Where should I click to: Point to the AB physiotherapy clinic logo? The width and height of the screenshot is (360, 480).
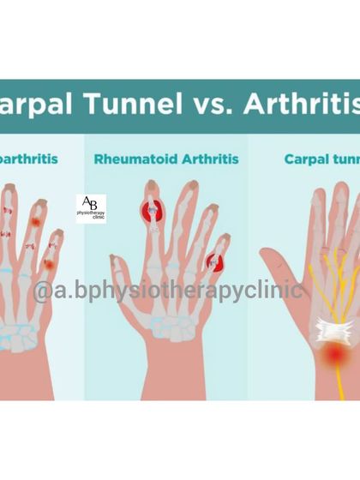[91, 208]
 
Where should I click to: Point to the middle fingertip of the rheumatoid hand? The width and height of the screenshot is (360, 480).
[178, 188]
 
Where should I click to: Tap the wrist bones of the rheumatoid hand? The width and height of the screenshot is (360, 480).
[159, 339]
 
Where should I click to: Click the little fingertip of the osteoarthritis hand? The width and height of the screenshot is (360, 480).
[59, 234]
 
